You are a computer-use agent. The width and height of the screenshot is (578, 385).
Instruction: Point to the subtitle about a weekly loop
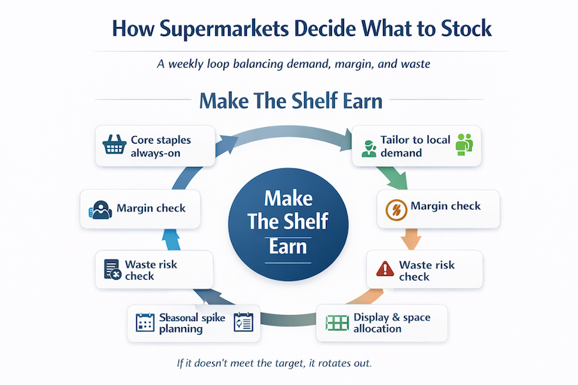pos(293,65)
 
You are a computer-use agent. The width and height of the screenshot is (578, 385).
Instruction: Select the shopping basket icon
pos(114,146)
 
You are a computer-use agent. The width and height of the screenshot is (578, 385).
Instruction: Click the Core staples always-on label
pos(161,146)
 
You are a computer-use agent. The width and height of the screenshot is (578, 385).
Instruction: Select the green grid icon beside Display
pos(336,323)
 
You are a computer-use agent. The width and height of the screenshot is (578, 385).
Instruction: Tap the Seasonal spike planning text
pos(191,323)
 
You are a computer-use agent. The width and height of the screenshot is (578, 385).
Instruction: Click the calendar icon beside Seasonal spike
pos(144,323)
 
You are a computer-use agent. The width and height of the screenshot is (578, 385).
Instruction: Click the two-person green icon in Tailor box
pos(462,145)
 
